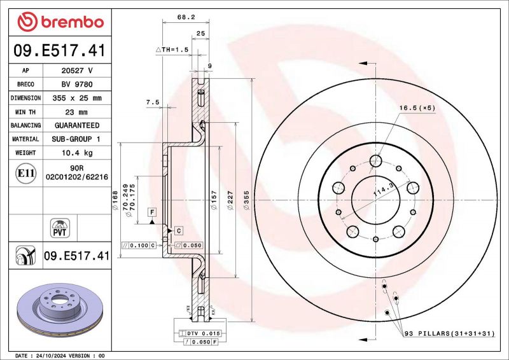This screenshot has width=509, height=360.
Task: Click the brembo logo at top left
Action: tap(60, 22)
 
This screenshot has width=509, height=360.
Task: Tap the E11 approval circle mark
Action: tap(25, 173)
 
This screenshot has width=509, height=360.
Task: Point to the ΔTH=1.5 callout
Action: tap(172, 50)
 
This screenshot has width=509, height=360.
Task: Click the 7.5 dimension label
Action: tap(153, 102)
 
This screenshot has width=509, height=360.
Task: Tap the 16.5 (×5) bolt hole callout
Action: tap(417, 108)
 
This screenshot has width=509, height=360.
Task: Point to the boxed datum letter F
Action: tap(153, 211)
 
